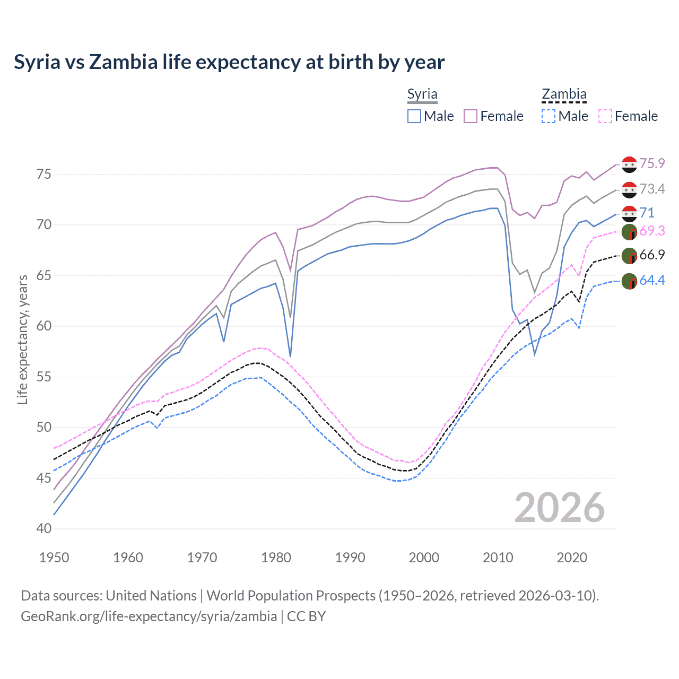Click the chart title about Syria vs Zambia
tap(229, 62)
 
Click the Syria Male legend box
tap(414, 116)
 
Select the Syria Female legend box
tap(471, 116)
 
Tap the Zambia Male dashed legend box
tap(549, 116)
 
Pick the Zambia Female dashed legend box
tap(605, 116)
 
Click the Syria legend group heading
tap(422, 94)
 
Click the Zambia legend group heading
tap(564, 94)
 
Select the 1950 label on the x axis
tap(54, 558)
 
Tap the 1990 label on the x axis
tap(350, 558)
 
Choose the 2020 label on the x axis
tap(572, 558)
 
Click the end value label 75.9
tap(652, 163)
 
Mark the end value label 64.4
tap(652, 280)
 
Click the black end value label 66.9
tap(652, 255)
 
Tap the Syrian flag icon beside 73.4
tap(629, 189)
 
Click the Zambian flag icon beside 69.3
tap(629, 232)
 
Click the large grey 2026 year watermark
tap(560, 508)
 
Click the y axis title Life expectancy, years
tap(23, 339)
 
